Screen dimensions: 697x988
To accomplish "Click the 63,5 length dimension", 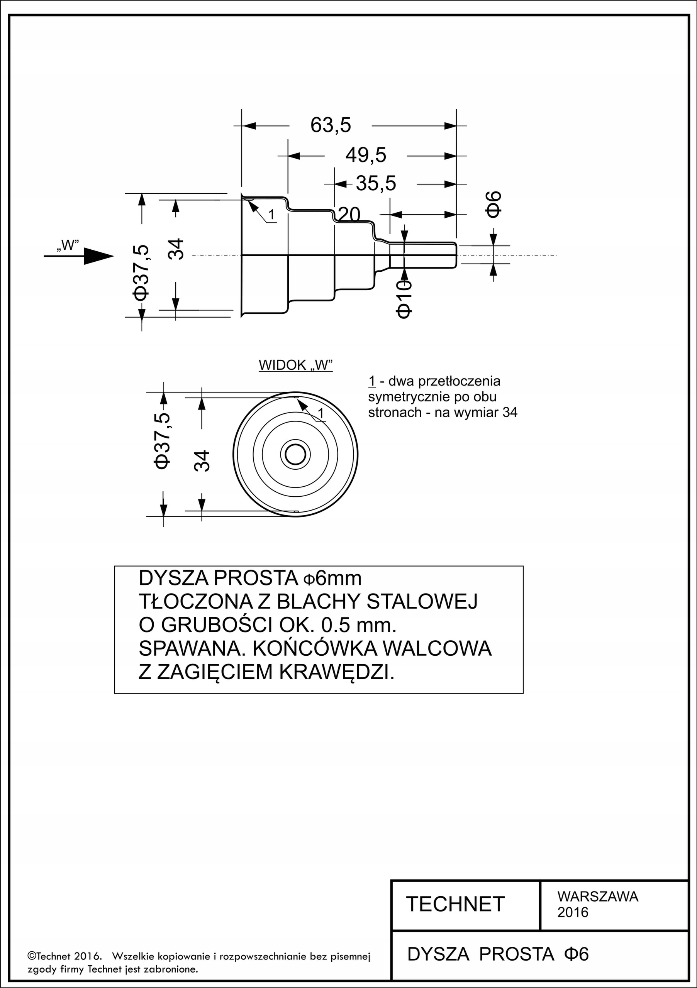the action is point(331,125).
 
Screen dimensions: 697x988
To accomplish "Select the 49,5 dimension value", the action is point(366,155).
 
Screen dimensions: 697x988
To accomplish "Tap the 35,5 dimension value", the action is point(376,183).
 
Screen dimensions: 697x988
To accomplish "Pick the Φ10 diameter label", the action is point(404,299).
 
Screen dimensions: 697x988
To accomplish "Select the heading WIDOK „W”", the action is point(295,365).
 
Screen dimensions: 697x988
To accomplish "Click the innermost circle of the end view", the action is point(295,446).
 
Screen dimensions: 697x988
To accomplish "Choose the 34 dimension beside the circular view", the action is point(202,460).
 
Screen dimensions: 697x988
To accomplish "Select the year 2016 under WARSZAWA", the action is point(573,912).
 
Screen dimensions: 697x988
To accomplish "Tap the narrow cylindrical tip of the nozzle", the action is point(423,255).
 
